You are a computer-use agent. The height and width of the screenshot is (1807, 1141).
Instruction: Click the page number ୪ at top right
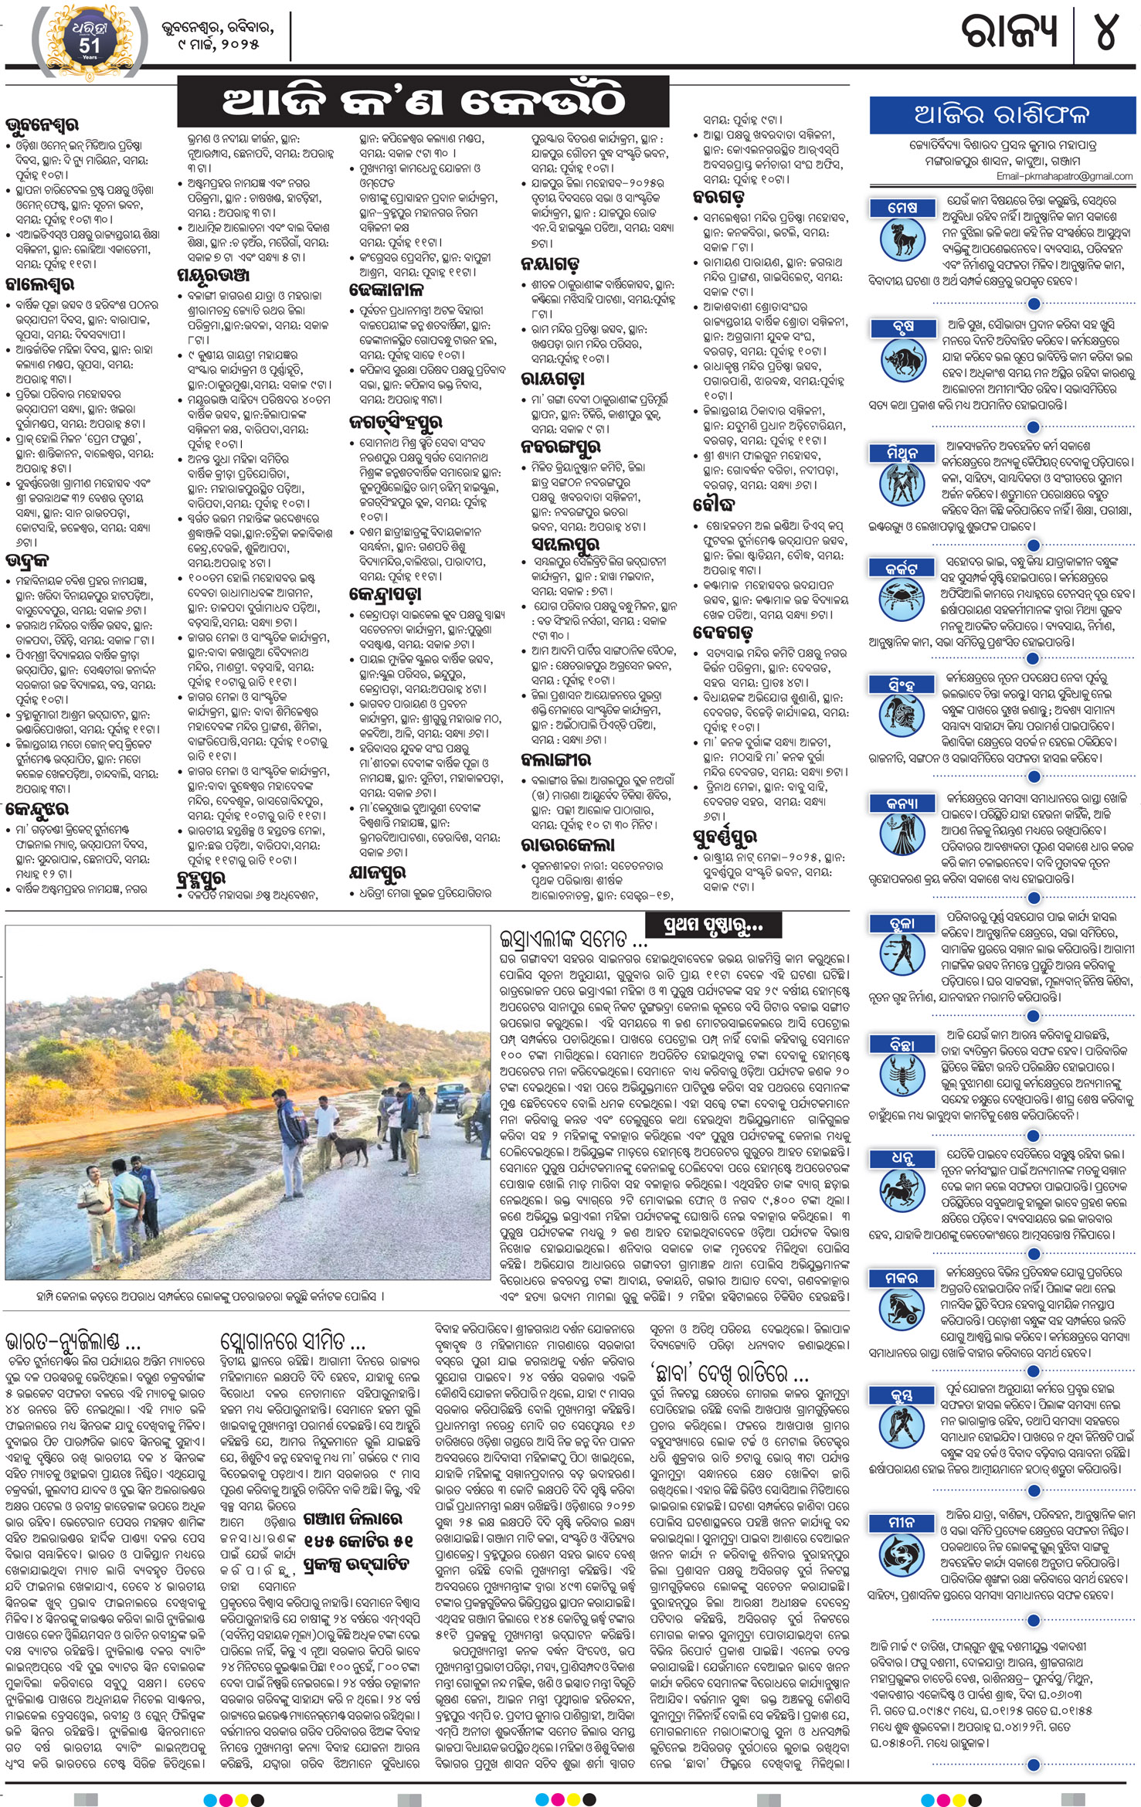tap(1106, 32)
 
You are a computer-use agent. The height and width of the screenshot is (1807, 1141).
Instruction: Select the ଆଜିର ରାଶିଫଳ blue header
tap(1001, 115)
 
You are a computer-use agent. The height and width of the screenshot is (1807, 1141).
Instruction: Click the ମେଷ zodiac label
tap(902, 208)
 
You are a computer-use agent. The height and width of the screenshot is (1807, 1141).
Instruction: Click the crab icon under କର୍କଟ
tap(902, 597)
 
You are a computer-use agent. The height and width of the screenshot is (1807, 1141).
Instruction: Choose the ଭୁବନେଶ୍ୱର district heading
tap(42, 124)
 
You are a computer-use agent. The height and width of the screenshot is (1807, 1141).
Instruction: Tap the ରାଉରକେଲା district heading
tap(568, 844)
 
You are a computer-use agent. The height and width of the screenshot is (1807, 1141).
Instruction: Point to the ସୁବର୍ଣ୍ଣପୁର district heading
tap(724, 837)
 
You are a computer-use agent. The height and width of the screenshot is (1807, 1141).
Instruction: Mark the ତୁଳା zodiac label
tap(902, 923)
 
